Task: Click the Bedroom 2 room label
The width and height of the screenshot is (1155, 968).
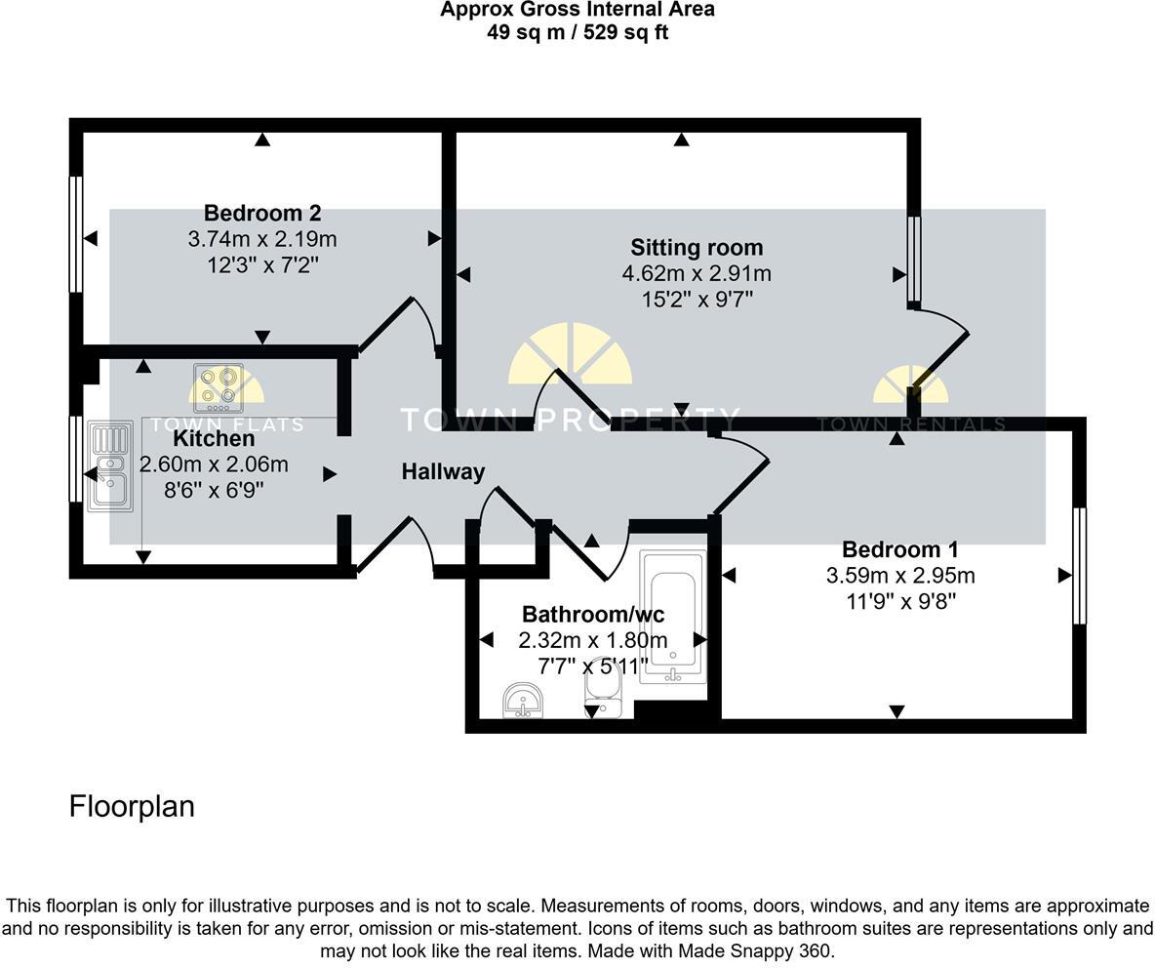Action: pos(262,213)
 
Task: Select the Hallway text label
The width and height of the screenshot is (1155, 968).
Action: pos(443,472)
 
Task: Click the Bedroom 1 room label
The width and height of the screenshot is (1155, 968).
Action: pos(900,549)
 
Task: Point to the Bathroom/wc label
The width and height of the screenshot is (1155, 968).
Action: pos(593,615)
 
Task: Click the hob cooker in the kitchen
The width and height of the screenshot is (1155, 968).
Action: pos(218,388)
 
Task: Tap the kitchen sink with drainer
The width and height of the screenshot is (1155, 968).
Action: pos(109,465)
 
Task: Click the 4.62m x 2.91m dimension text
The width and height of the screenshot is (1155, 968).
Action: pos(697,274)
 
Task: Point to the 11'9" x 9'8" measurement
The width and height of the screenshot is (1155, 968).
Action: pos(900,602)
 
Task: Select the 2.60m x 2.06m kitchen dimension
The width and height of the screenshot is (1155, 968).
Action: pos(215,465)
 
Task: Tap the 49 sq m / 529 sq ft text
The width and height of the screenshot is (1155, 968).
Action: pos(577,32)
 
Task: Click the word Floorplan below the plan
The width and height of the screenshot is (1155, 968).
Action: pos(132,806)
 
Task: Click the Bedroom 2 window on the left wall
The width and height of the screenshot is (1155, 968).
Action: pos(75,233)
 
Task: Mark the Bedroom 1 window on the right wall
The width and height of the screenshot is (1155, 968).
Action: pos(1079,566)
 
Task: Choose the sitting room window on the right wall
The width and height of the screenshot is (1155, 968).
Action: pos(914,260)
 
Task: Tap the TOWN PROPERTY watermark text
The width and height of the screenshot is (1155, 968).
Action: pos(571,420)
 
